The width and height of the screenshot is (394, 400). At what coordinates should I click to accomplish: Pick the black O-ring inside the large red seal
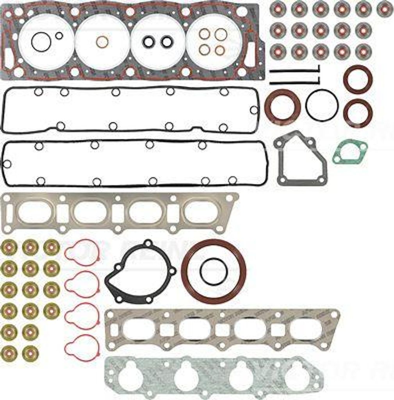coord(214,271)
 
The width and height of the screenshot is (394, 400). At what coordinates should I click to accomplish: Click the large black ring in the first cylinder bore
coord(41,42)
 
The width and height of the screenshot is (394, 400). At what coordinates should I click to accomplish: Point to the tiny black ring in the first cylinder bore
coord(59,36)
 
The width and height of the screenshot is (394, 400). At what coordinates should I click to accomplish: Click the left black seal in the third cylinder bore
coord(149,42)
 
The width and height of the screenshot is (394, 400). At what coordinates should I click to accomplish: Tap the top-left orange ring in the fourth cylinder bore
coord(204,34)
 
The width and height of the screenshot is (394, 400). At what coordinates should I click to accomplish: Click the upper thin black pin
coord(294,71)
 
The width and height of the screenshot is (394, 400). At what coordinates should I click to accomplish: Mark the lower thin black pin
coord(294,82)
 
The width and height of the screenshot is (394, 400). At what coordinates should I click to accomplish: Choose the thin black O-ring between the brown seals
coord(322,105)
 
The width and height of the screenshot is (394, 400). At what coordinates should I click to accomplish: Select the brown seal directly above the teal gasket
coord(358,113)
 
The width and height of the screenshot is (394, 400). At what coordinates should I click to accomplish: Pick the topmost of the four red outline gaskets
coord(82,252)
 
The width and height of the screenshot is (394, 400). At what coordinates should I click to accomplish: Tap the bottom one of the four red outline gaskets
coord(82,347)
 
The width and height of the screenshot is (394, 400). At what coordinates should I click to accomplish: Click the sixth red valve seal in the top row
coord(385,9)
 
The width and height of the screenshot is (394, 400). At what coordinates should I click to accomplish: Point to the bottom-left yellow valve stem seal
coord(9,353)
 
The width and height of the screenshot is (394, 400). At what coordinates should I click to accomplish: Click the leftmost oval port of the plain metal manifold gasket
coord(35,212)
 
